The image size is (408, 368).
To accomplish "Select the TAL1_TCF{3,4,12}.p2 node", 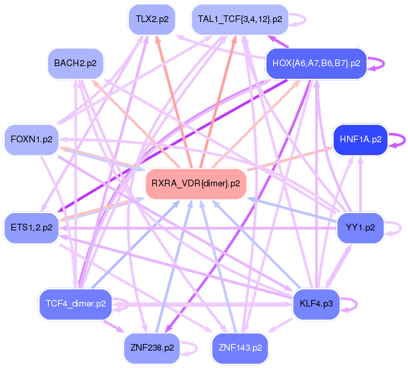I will click(x=239, y=19).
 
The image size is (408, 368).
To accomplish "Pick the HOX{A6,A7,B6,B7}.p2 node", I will click(x=317, y=63).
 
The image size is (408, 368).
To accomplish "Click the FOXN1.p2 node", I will click(x=31, y=139).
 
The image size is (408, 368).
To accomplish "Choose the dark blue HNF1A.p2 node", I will click(x=360, y=139).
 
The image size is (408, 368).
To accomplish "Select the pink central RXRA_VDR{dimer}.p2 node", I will click(x=196, y=182).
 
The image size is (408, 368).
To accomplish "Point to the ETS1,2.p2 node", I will click(x=31, y=226).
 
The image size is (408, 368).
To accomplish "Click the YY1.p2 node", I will click(x=360, y=226).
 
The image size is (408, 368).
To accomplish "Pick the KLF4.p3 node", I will click(x=317, y=303).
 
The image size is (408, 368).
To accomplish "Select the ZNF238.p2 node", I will click(x=152, y=347).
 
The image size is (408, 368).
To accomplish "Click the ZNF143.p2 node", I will click(x=239, y=347).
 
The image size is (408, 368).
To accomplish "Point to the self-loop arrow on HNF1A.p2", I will click(x=397, y=139).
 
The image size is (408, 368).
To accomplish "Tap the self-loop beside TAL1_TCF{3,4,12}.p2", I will click(x=298, y=19).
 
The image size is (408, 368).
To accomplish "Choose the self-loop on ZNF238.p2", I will click(x=190, y=347).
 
